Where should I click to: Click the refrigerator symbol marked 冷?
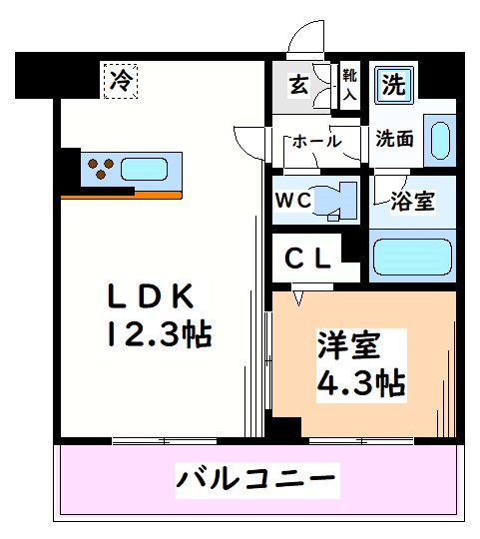coord(120,79)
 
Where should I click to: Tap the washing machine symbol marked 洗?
coord(395,85)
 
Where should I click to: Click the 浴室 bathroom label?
coord(412,202)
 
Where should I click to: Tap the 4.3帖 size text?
coord(360,383)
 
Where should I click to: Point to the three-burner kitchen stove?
coord(100,167)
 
